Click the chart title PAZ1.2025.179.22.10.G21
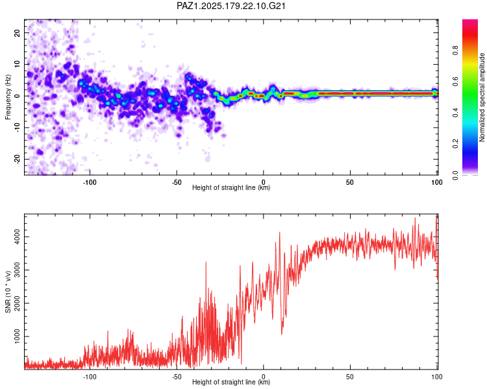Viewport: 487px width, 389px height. click(x=231, y=6)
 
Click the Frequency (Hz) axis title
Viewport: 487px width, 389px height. click(x=8, y=97)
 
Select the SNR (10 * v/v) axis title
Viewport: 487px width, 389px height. click(x=8, y=292)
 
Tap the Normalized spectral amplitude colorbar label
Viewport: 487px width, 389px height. click(x=482, y=97)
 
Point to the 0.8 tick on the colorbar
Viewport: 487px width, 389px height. click(x=455, y=51)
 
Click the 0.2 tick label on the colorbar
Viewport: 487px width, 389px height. click(x=455, y=144)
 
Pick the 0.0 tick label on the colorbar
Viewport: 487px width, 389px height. click(x=455, y=175)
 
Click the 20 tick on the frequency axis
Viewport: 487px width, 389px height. click(x=17, y=32)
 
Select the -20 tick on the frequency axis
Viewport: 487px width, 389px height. click(x=17, y=159)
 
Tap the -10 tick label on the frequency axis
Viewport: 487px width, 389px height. click(x=17, y=128)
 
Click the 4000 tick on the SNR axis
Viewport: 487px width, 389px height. click(x=17, y=237)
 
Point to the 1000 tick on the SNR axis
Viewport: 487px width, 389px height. click(x=17, y=336)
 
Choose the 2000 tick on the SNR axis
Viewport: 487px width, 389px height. click(x=17, y=303)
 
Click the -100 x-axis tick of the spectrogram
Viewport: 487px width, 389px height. click(x=90, y=182)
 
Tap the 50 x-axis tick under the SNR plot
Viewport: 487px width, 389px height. click(x=350, y=377)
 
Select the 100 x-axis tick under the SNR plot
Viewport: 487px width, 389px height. click(x=437, y=377)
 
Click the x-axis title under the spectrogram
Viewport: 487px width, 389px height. click(x=231, y=187)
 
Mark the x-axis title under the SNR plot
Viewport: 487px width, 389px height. click(x=231, y=382)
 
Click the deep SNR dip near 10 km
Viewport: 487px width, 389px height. click(x=282, y=334)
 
